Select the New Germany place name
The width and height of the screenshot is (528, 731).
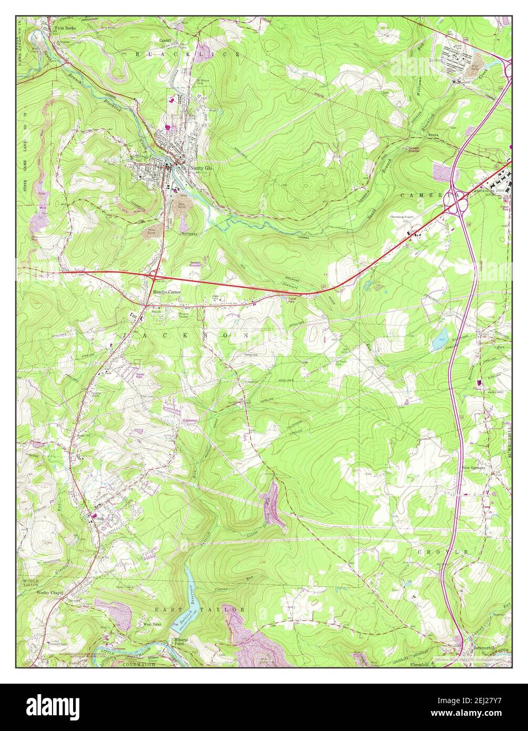474,467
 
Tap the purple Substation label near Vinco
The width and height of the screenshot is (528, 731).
189,421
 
